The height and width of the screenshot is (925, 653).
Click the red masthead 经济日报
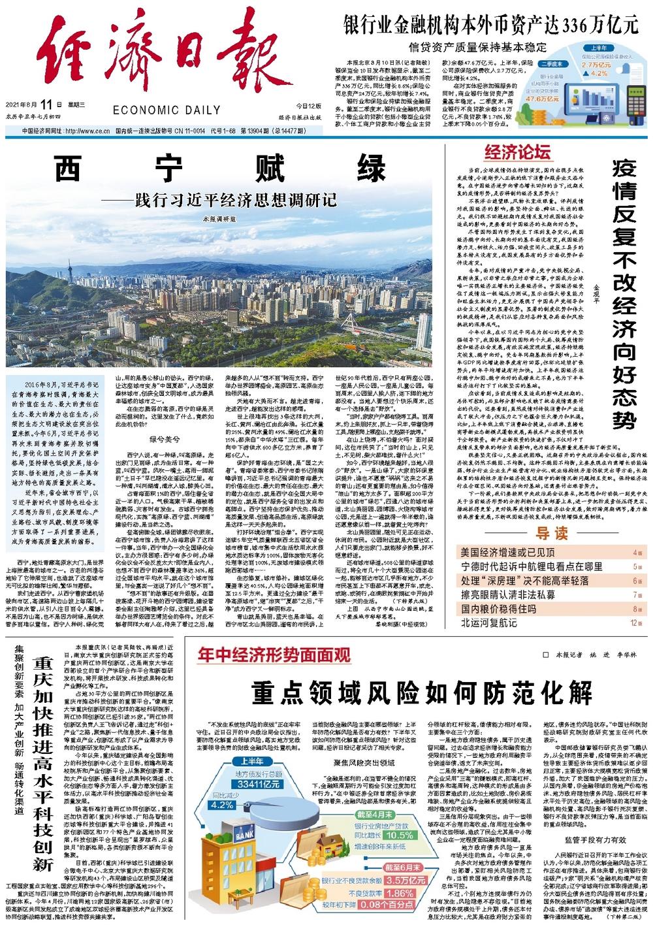[153, 56]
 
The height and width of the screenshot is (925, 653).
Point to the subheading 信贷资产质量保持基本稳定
[477, 47]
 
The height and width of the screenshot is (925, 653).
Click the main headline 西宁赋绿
[220, 170]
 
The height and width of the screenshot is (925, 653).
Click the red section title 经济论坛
[517, 153]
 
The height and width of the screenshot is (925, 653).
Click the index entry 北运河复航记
[488, 623]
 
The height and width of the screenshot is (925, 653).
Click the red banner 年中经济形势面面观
[274, 654]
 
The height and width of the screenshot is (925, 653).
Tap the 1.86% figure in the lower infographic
[399, 893]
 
